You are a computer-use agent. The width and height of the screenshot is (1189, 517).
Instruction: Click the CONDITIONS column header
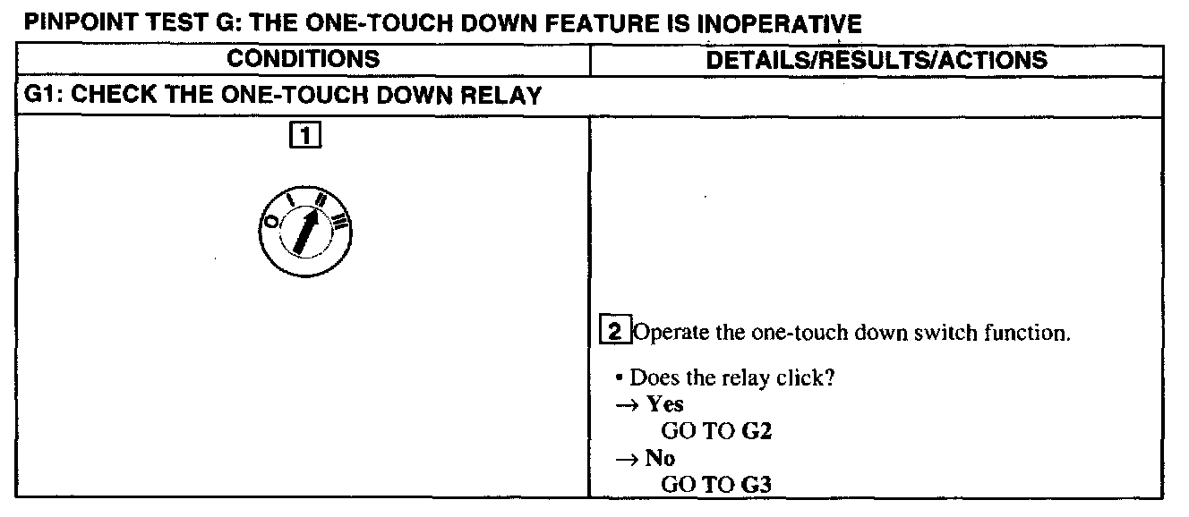coord(303,60)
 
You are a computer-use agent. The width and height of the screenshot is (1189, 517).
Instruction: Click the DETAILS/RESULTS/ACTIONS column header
coord(877,60)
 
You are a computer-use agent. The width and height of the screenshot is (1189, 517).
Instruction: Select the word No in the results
coord(661,459)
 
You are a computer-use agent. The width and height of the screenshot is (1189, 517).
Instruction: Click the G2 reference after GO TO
coord(757,432)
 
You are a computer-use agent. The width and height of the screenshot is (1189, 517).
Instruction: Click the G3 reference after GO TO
coord(757,486)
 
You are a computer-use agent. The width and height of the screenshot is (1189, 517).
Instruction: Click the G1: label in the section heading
coord(42,97)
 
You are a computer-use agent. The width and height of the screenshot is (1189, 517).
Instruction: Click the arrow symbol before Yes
coord(624,405)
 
